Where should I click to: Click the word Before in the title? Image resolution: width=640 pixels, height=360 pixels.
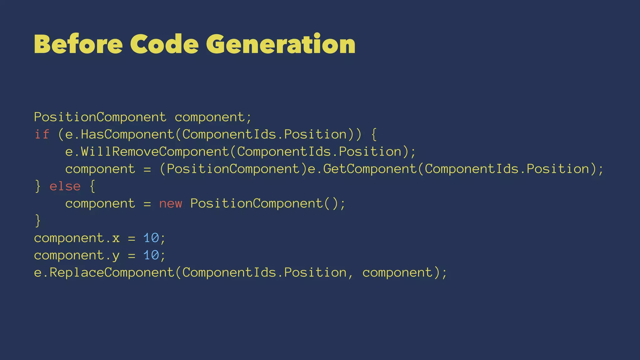(78, 44)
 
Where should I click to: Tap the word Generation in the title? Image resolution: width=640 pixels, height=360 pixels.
(280, 44)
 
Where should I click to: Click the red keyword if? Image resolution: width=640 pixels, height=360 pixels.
(42, 134)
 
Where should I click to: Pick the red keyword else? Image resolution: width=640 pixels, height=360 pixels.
(65, 186)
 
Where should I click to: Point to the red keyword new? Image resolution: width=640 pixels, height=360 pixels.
(171, 204)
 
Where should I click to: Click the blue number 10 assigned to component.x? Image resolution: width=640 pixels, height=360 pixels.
(151, 238)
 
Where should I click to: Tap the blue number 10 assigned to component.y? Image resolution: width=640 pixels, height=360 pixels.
(151, 255)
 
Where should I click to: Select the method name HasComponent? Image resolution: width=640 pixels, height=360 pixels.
(127, 134)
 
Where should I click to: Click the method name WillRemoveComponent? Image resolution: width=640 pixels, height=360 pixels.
(155, 152)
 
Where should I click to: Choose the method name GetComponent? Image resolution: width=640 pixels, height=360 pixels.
(370, 169)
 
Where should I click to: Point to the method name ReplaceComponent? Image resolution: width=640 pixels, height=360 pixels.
(112, 273)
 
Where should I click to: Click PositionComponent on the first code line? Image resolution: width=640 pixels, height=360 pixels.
(100, 117)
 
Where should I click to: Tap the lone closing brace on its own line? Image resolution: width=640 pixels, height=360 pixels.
(38, 221)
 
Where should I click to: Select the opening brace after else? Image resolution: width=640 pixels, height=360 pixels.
(92, 186)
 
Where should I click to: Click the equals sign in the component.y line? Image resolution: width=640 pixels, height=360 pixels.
(132, 256)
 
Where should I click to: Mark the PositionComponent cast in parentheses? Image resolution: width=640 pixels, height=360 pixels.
(233, 169)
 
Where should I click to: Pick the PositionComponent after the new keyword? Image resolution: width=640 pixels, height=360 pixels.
(257, 204)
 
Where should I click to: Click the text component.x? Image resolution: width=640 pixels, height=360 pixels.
(77, 238)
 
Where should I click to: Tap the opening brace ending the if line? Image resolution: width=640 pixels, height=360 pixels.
(374, 134)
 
